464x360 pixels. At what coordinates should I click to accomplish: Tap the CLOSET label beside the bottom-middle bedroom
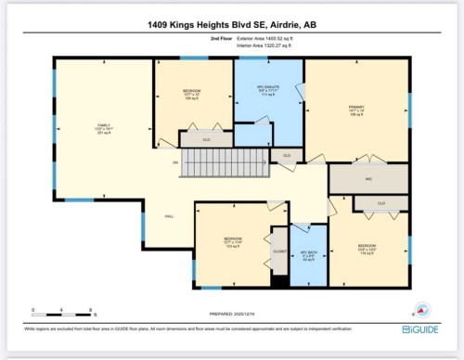278,251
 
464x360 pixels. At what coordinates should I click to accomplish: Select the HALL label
169,215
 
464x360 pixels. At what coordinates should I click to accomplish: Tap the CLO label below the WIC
380,202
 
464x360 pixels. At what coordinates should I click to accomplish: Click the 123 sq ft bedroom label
234,244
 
